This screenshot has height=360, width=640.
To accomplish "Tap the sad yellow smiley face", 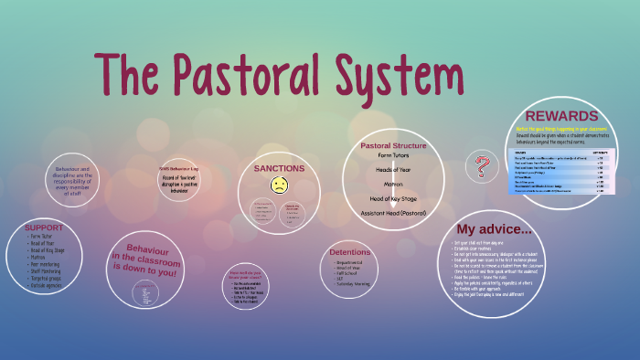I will pyautogui.click(x=279, y=185).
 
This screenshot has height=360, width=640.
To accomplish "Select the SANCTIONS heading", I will pyautogui.click(x=279, y=169).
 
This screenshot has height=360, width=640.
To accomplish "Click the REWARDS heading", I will pyautogui.click(x=561, y=116).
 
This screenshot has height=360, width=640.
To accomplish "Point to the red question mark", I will pyautogui.click(x=478, y=168).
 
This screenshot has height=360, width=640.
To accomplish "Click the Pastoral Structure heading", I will pyautogui.click(x=393, y=145).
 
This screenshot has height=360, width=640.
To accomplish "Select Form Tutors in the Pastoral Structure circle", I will pyautogui.click(x=393, y=155).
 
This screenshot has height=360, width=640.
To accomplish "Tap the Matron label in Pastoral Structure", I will pyautogui.click(x=393, y=184).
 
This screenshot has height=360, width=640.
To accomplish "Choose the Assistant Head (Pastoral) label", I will pyautogui.click(x=393, y=212).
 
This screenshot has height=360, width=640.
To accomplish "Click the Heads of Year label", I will pyautogui.click(x=393, y=169).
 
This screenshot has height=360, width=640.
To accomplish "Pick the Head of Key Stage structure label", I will pyautogui.click(x=393, y=198).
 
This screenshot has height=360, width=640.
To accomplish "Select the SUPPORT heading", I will pyautogui.click(x=44, y=227).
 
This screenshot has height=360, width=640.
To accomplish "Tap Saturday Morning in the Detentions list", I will pyautogui.click(x=352, y=283).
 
